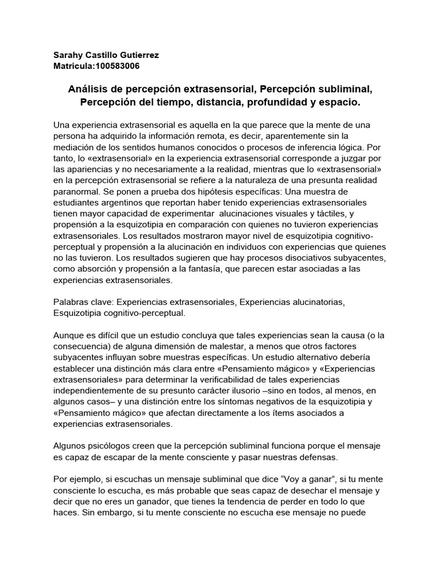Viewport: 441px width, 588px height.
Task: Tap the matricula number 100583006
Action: (114, 65)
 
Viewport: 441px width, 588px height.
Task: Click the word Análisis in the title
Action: (86, 90)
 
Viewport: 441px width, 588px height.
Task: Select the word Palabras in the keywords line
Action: (72, 303)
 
